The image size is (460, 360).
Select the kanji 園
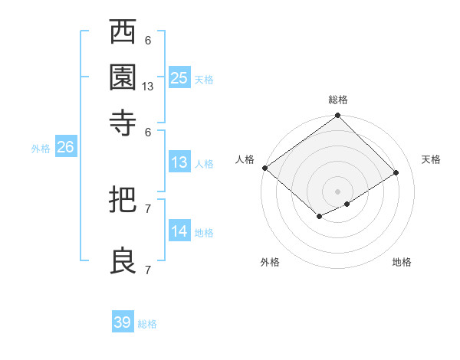123,77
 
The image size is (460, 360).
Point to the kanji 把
123,200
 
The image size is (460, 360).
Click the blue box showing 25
179,78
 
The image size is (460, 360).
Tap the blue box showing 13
179,162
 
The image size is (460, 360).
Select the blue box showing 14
179,232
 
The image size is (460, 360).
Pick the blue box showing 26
65,148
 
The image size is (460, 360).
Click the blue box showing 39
123,322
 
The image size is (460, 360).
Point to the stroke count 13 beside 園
149,87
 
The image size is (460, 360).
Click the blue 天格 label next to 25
204,80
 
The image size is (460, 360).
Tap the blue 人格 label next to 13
204,164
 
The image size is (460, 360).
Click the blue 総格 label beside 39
147,324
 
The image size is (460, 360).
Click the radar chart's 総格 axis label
338,100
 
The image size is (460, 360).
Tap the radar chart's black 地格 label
402,262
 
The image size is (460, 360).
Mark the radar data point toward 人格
264,168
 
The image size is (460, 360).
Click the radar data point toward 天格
396,172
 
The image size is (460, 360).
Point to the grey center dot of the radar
338,191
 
